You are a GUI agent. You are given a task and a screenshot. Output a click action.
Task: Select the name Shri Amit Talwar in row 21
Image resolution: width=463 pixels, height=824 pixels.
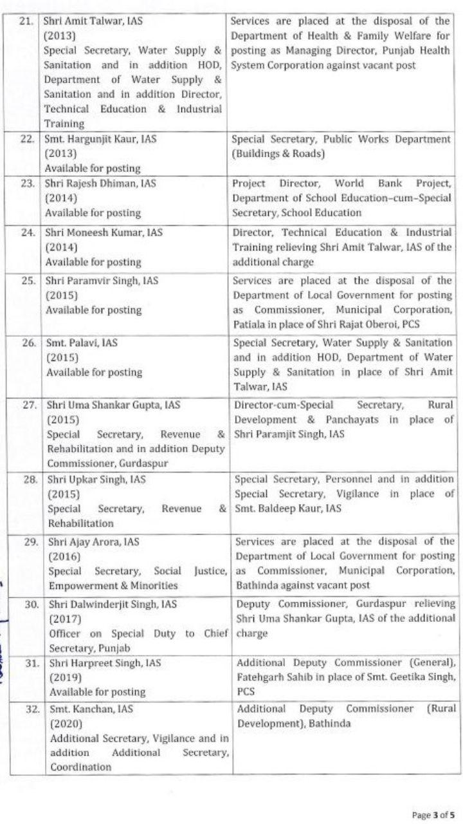click(84, 21)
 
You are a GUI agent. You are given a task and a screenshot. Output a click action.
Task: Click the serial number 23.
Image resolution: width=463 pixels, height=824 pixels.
click(27, 183)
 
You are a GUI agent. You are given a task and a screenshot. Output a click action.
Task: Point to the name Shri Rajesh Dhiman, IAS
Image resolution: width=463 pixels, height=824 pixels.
click(100, 183)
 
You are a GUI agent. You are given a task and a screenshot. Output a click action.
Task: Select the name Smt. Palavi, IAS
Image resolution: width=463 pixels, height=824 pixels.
click(82, 343)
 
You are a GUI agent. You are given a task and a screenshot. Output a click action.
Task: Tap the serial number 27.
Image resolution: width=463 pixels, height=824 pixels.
click(28, 405)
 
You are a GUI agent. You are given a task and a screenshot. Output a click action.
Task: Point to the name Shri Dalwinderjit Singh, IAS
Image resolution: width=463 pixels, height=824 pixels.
click(111, 604)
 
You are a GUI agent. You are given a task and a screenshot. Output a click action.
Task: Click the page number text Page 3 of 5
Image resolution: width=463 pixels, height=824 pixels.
click(433, 814)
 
